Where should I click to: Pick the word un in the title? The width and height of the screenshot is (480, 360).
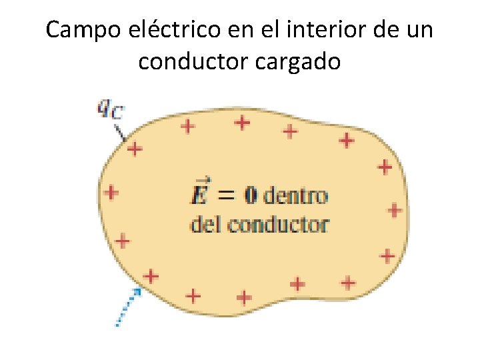419,30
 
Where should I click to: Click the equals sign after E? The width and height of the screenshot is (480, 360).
227,196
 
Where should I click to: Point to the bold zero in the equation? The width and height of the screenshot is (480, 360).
251,196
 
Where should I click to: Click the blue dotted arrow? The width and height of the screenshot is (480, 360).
127,308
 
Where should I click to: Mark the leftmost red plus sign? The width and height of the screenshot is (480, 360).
111,193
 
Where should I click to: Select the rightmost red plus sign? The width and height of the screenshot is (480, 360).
395,211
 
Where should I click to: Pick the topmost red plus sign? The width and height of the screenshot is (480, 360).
242,122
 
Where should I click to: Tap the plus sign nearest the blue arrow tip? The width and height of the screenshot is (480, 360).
152,275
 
